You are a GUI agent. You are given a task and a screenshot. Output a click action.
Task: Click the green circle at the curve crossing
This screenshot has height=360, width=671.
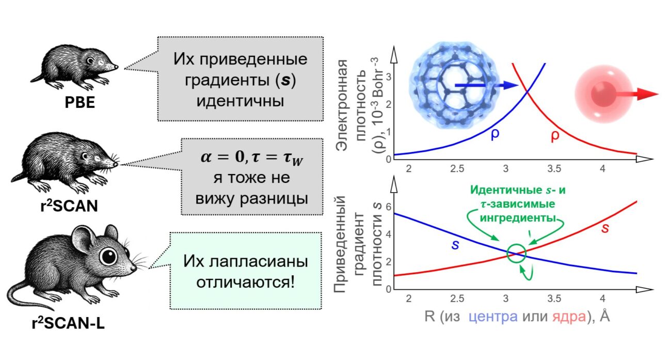[x=516, y=254]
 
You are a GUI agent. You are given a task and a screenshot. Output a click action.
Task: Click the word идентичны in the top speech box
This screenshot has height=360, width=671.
[x=241, y=99]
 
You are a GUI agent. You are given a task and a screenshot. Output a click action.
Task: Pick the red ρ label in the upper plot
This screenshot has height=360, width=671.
[x=554, y=136]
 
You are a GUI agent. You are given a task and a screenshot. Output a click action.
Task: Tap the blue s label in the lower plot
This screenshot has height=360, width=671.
[x=455, y=244]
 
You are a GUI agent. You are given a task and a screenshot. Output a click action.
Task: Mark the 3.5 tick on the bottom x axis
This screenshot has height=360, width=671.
[x=554, y=299]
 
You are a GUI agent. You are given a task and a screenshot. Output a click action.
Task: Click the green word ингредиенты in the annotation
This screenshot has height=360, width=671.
[x=519, y=217]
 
